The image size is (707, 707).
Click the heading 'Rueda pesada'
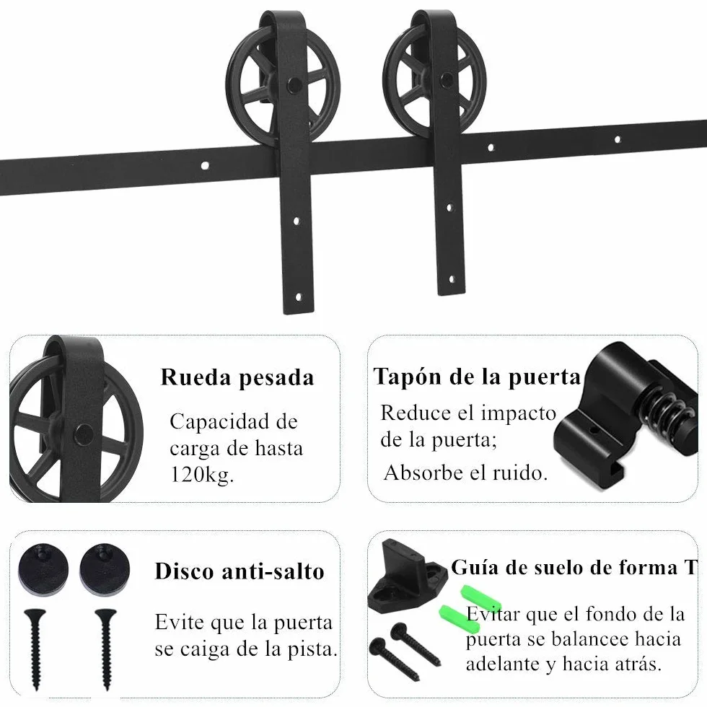pyautogui.click(x=237, y=378)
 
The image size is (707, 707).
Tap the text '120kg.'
pyautogui.click(x=202, y=475)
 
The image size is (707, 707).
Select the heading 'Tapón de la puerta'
pyautogui.click(x=477, y=377)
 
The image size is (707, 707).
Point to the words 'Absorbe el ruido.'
pyautogui.click(x=466, y=473)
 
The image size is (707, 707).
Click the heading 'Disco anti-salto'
pyautogui.click(x=240, y=571)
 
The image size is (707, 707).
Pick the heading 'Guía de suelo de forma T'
pyautogui.click(x=574, y=567)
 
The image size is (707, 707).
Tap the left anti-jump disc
pyautogui.click(x=44, y=568)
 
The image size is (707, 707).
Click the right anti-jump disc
pyautogui.click(x=105, y=568)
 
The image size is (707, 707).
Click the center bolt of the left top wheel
pyautogui.click(x=294, y=84)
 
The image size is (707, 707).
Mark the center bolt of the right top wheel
pyautogui.click(x=448, y=79)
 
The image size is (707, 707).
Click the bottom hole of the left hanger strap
pyautogui.click(x=299, y=297)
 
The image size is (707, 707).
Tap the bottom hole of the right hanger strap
pyautogui.click(x=452, y=280)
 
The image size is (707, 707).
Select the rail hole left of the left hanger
pyautogui.click(x=205, y=166)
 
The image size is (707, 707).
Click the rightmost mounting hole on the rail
pyautogui.click(x=618, y=139)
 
